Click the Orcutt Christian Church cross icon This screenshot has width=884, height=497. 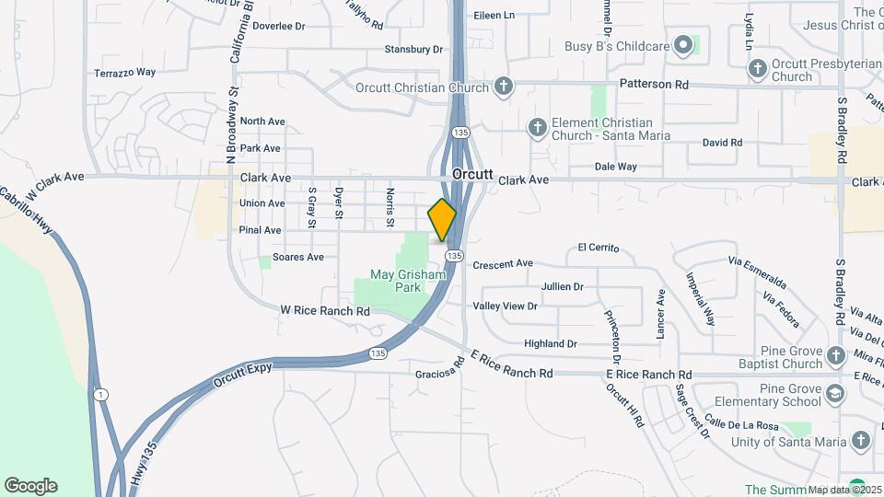coord(503,87)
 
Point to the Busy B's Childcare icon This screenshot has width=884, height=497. coord(682,44)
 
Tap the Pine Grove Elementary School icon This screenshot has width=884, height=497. coord(834,394)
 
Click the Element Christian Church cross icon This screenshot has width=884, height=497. coord(537,129)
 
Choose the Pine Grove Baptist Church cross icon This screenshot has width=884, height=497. coord(834,355)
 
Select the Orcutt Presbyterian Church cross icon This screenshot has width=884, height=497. coord(757,68)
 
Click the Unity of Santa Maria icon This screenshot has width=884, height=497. coord(860,442)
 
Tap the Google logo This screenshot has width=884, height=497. coord(30,485)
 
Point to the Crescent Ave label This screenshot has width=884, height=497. coord(503,264)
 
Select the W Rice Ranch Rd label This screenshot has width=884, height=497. coord(325,312)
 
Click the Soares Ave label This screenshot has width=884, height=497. coord(298,258)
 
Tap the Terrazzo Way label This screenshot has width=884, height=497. coord(124,73)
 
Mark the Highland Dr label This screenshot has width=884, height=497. coord(550,344)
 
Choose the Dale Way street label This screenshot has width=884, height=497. coord(616,168)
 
